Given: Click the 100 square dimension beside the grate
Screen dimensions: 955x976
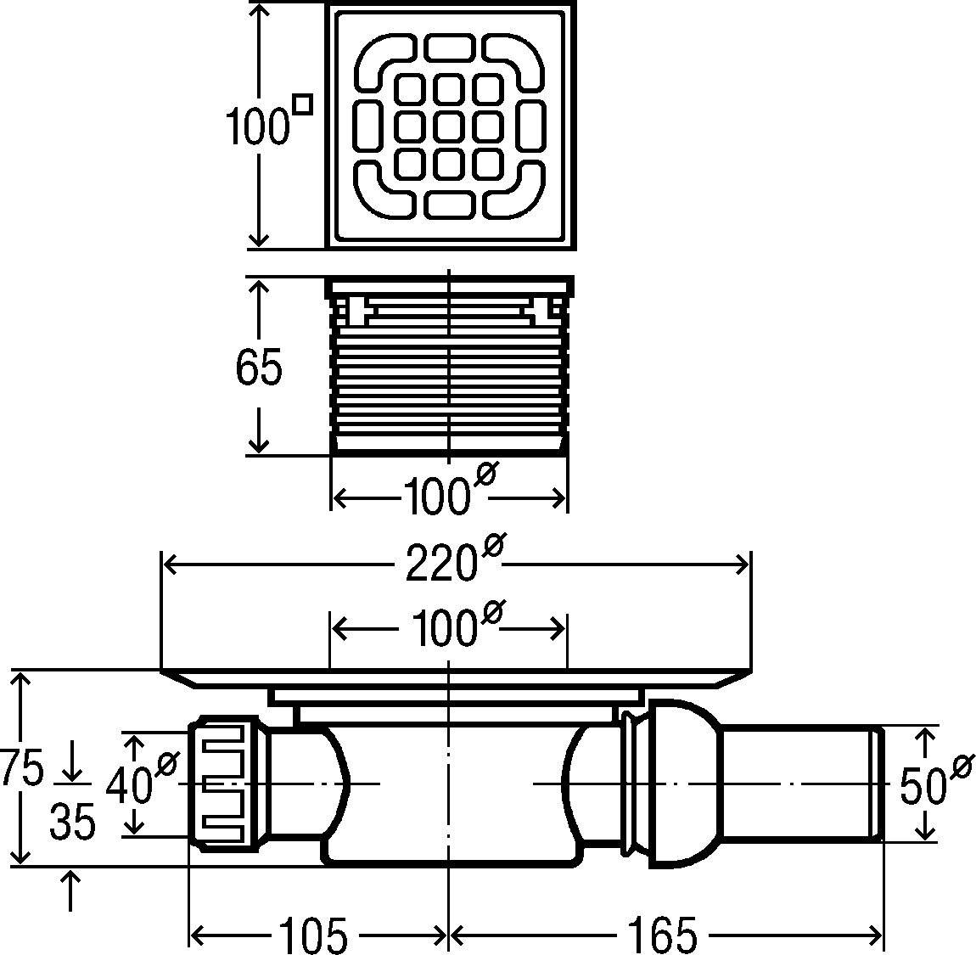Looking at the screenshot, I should point(255,127).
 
